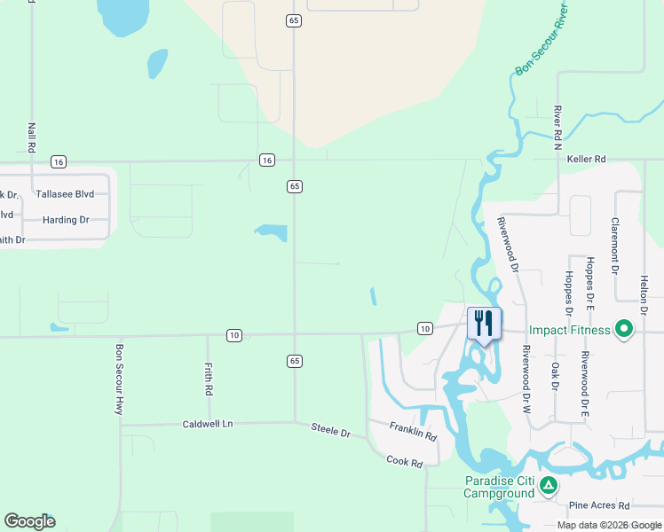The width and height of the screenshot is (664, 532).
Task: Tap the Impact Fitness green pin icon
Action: point(624,331)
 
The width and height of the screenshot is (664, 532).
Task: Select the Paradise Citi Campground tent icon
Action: point(549,485)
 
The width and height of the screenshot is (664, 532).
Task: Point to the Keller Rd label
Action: point(586,160)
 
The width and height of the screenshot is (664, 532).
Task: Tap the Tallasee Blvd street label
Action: point(65,194)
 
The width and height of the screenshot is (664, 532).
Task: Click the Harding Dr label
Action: point(66,219)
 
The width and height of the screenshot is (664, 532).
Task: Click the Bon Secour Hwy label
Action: point(118,379)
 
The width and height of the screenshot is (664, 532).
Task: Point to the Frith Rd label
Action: point(209,379)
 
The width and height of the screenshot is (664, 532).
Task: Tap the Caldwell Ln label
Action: point(207,424)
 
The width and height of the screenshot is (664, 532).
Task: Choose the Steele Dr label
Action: point(331,429)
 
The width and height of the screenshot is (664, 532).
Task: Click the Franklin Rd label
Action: point(414,432)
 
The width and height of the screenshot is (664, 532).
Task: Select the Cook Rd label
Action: point(404,461)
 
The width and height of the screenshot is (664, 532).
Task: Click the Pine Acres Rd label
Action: point(599,505)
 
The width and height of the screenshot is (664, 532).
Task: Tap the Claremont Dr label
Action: point(614,246)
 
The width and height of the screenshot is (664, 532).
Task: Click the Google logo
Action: point(29,521)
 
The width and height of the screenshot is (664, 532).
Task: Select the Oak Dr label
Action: point(555,375)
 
